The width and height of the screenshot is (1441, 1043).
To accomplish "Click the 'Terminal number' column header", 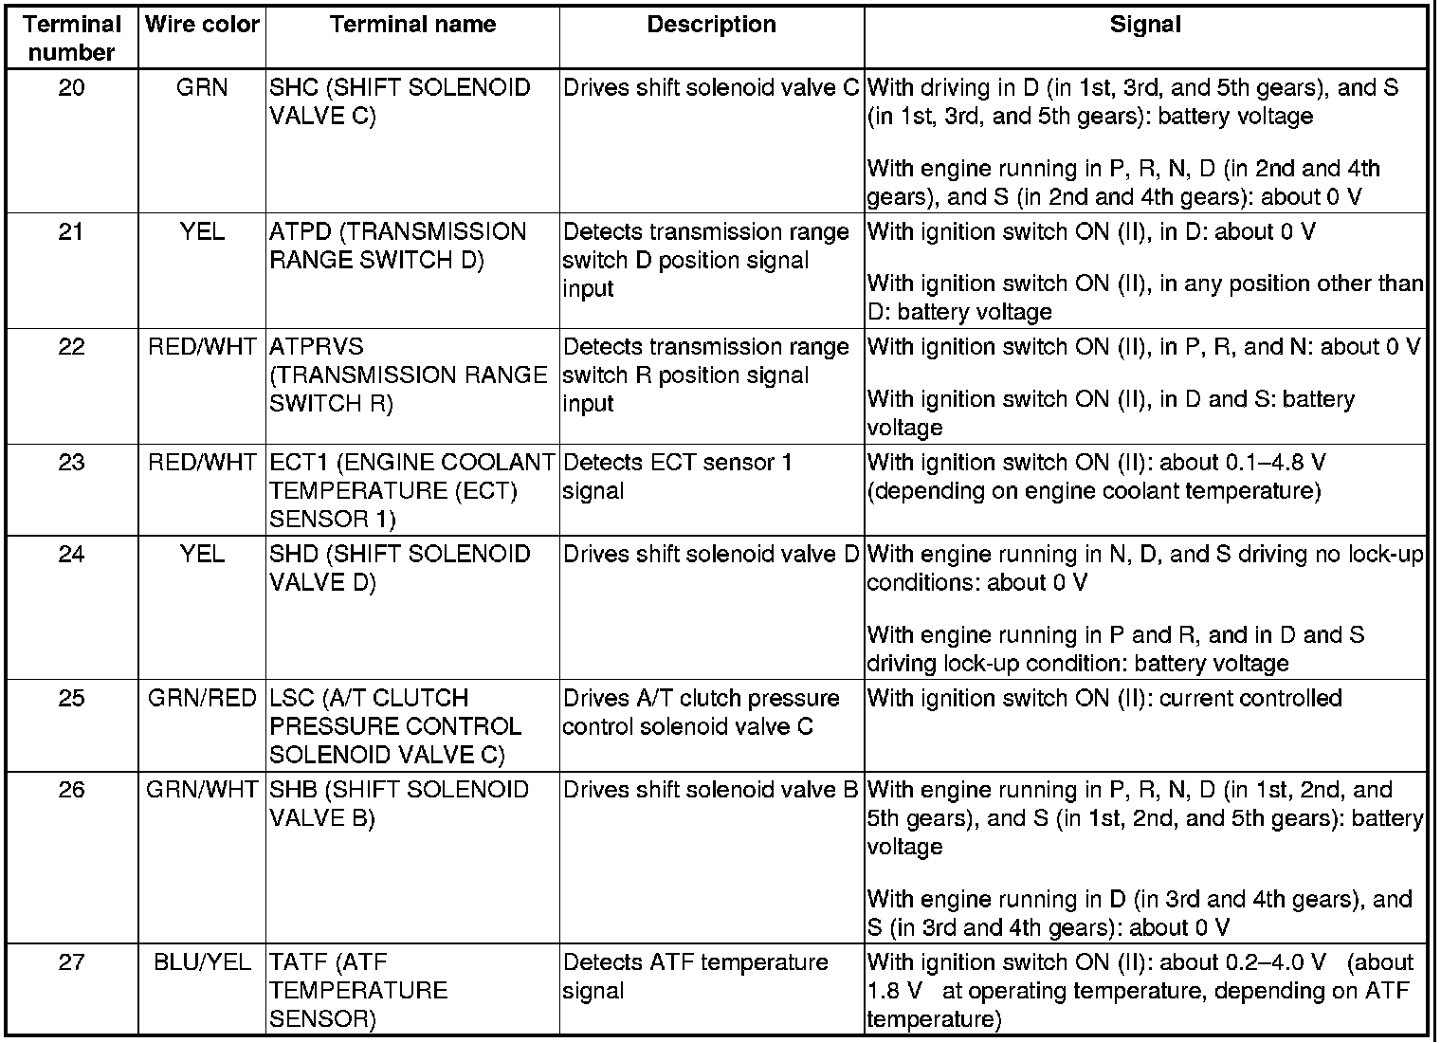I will [x=72, y=38].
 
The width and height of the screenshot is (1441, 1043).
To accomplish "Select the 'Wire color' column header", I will [x=202, y=25].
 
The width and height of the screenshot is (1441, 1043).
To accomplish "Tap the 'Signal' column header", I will [x=1145, y=25].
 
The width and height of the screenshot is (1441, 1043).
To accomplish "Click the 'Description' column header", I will [x=711, y=25].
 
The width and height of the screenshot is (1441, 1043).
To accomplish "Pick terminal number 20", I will [x=72, y=88].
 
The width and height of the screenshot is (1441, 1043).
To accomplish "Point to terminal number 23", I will [x=72, y=463].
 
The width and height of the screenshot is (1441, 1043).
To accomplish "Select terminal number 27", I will [x=72, y=963].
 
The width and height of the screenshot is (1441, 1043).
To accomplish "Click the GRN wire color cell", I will [x=202, y=88].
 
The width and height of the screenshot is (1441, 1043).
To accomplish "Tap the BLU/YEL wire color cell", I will [x=202, y=963].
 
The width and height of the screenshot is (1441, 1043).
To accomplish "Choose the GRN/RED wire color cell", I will [x=202, y=699].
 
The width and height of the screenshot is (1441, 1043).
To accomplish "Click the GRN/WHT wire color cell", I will [x=202, y=790].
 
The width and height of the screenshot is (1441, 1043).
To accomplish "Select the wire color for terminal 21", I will [x=202, y=232].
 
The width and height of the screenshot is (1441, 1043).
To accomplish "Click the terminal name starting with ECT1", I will [x=411, y=490].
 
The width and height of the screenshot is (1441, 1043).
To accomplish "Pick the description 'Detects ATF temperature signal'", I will [x=696, y=977].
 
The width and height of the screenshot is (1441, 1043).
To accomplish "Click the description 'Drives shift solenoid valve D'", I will [x=711, y=555].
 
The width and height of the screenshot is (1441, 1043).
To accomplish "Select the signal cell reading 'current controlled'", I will [x=1104, y=699].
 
